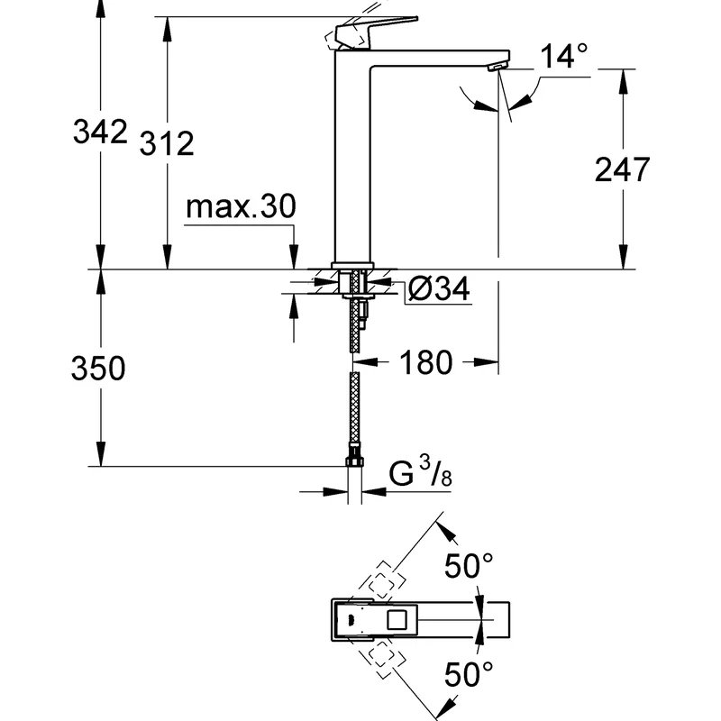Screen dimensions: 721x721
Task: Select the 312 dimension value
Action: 167,142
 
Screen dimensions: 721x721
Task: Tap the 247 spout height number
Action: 623,169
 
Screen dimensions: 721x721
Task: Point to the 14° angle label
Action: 563,58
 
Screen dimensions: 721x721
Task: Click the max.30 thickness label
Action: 241,208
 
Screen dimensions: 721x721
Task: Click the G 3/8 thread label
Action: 420,474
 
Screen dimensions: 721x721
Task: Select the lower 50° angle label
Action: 470,671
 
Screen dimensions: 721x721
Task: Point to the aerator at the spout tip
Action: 495,68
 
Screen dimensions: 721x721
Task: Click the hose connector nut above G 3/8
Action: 354,462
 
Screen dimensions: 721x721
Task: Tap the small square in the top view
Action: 397,619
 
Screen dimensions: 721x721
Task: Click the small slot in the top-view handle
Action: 347,620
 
